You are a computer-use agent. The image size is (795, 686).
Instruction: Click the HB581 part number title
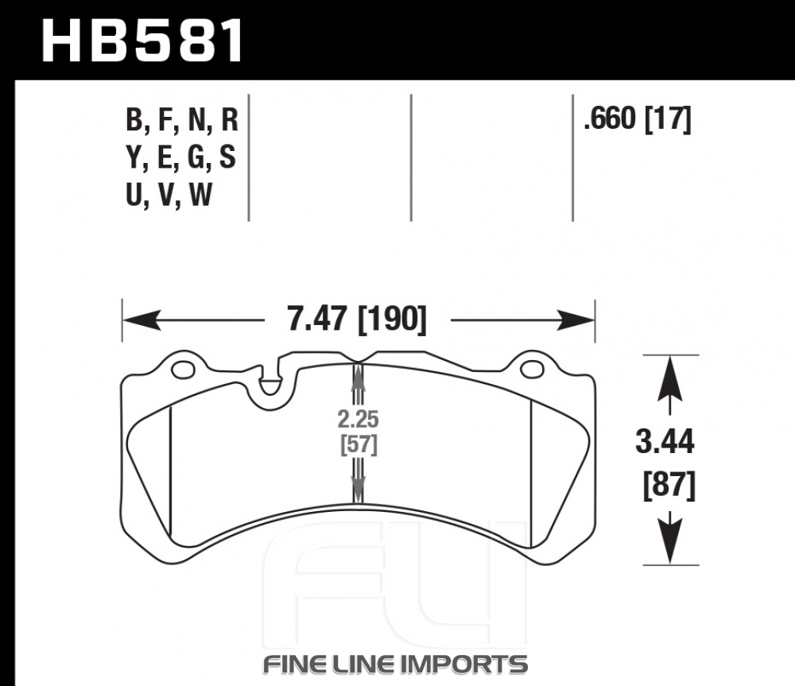[142, 41]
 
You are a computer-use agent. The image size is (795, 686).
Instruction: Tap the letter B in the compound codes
[134, 122]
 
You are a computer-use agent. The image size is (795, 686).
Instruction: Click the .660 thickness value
[610, 120]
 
